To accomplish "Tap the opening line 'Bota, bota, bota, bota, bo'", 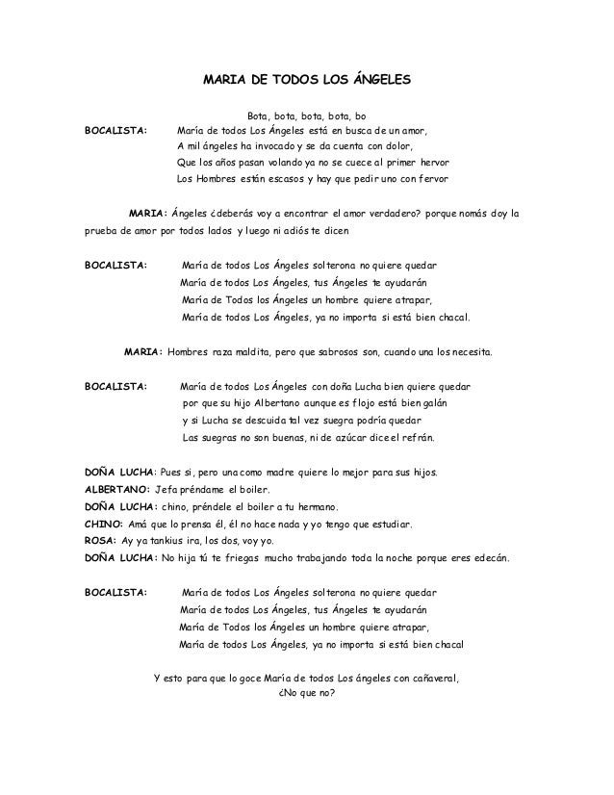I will pyautogui.click(x=307, y=115).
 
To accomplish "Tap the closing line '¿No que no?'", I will pyautogui.click(x=306, y=694).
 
